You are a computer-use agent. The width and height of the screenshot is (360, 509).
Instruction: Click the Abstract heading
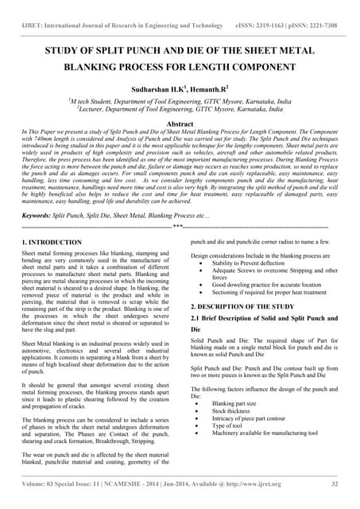(180, 124)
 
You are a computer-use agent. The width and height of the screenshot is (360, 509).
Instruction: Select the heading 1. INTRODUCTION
(52, 241)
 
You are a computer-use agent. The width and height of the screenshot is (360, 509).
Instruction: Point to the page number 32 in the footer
(335, 482)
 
